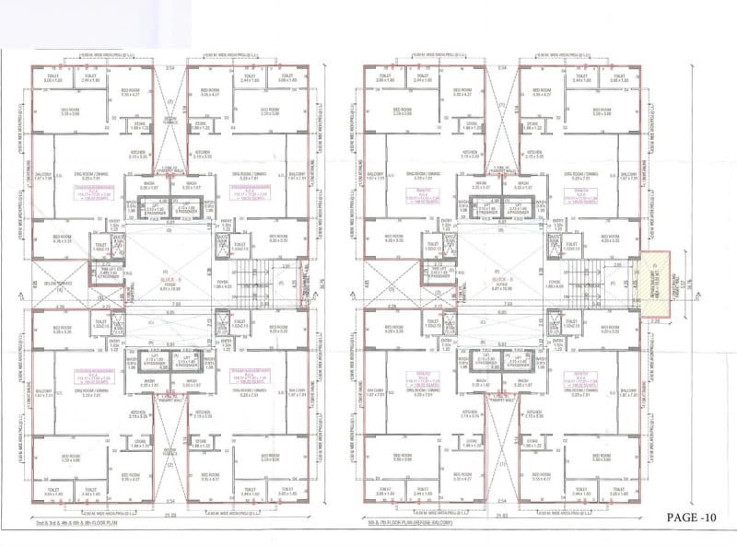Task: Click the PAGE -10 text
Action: [690, 517]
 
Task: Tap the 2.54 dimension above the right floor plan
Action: [501, 68]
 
